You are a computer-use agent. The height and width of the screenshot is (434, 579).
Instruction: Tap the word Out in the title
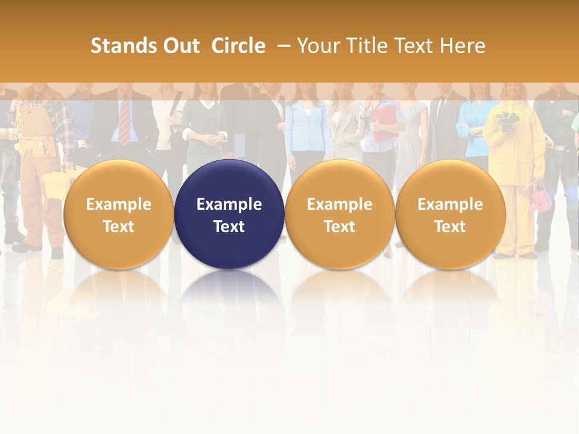(181, 46)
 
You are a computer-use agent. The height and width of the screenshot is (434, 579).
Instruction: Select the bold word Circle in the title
(238, 46)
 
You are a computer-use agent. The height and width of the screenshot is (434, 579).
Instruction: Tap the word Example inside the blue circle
(229, 204)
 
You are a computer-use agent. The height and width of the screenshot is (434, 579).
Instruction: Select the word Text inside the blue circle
(229, 227)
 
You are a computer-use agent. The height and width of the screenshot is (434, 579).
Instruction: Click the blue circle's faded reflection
(229, 289)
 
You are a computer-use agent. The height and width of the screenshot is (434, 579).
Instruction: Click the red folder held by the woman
(383, 124)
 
